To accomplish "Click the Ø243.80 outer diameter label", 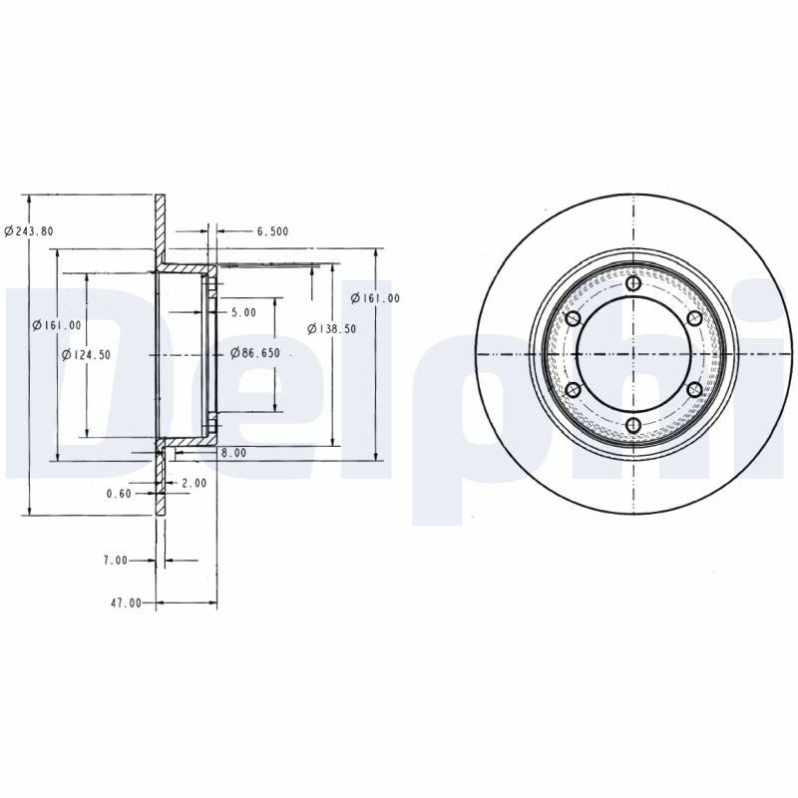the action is point(29,231).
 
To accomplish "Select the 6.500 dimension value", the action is point(272,231).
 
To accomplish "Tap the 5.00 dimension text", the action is point(243,312).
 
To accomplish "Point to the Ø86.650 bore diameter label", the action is point(255,353).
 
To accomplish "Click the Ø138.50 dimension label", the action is point(332,329).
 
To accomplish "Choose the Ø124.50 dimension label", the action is point(86,355).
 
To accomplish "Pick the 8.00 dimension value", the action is point(233,453).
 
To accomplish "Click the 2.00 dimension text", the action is point(194,483).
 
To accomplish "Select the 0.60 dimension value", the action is point(119,493).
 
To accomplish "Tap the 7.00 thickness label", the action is point(115,561).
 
